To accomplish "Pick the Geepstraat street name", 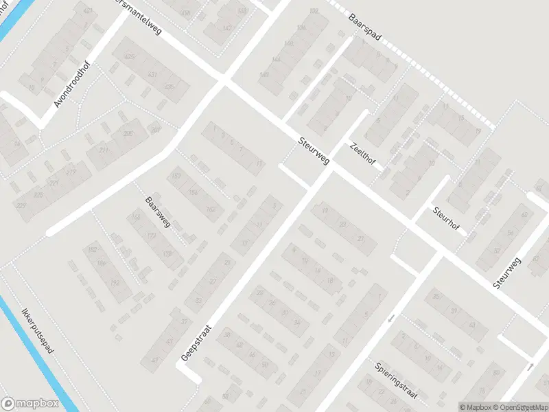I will click(195, 343).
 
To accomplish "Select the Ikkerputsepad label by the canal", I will click(38, 330).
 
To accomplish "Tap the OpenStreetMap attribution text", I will click(518, 407).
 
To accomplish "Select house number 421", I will click(87, 12).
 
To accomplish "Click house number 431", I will click(152, 74).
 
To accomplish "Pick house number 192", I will click(106, 282).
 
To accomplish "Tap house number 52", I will click(509, 251).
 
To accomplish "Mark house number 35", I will click(436, 297).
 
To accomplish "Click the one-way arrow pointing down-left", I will click(391, 318).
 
